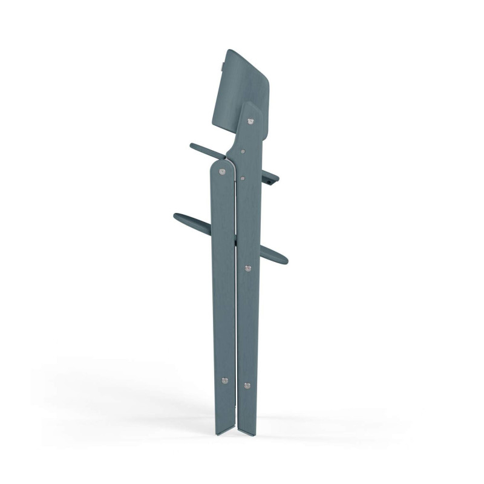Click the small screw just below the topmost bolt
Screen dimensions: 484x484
(242, 152)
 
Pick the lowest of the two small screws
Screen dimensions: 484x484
(242, 178)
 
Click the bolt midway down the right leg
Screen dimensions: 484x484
(247, 267)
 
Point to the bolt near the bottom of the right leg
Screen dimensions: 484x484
(246, 385)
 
